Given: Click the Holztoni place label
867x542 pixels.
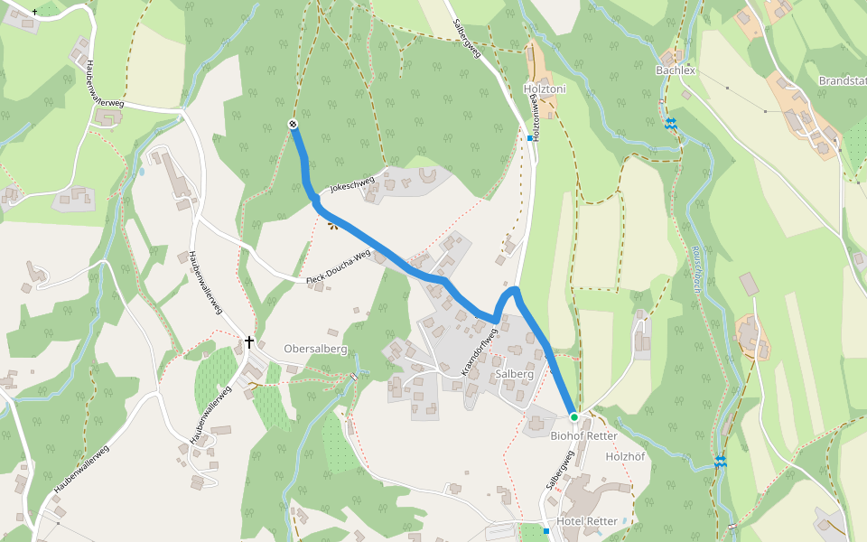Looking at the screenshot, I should (x=545, y=89).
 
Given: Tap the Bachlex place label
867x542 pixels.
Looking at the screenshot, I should (x=676, y=70).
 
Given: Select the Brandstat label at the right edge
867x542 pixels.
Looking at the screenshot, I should (x=842, y=80).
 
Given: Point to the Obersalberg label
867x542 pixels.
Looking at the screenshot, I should (x=315, y=349).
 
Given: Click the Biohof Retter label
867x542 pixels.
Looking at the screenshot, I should (x=583, y=435).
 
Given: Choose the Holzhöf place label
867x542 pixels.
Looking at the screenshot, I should (x=625, y=456).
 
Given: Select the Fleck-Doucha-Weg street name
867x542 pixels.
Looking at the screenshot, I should (x=339, y=268).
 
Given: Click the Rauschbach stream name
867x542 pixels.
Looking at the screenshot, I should (x=696, y=267).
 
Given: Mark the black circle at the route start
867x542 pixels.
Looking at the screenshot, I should (x=293, y=124).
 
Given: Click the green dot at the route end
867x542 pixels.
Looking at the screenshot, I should (x=573, y=416).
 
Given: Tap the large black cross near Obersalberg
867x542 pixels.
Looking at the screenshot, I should (x=249, y=341).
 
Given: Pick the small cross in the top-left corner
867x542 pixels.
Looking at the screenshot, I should (x=34, y=12).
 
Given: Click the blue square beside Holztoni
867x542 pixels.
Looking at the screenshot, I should (x=530, y=138).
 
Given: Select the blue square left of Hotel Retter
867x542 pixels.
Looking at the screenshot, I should (x=546, y=531).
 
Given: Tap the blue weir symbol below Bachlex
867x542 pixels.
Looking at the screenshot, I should (x=671, y=123).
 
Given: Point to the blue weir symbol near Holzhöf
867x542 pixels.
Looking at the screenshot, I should (x=720, y=462).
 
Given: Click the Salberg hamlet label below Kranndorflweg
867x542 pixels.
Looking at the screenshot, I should (x=515, y=373).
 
